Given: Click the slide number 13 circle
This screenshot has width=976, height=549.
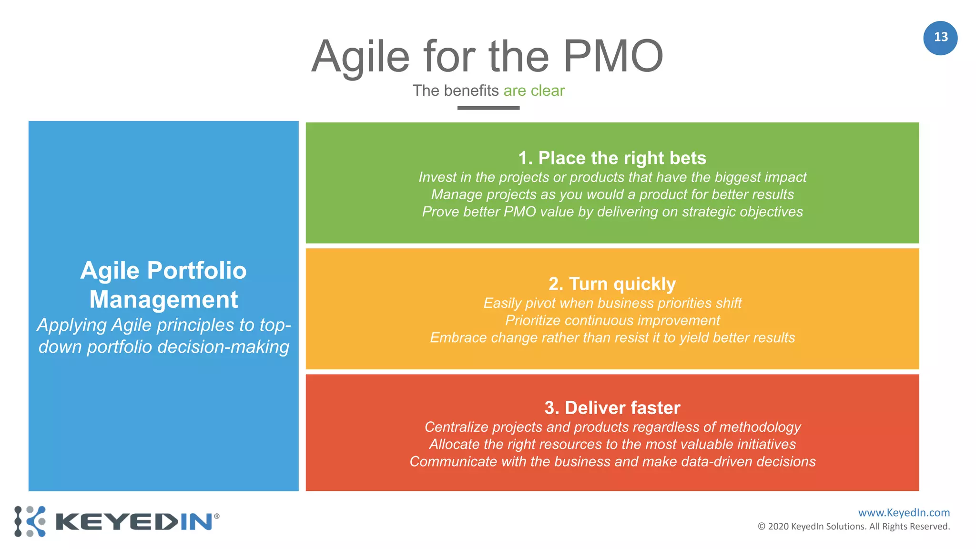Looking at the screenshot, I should (x=940, y=38).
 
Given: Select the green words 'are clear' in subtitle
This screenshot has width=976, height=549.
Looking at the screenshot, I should (x=534, y=91).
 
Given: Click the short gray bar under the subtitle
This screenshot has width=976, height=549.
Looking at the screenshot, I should (x=488, y=108).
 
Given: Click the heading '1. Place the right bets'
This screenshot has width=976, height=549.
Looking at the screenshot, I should (x=612, y=158).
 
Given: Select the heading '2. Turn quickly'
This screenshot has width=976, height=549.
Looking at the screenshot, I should (x=612, y=284).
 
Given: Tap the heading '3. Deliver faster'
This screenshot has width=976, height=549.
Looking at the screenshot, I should (x=612, y=408).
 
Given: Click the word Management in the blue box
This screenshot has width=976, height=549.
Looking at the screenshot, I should (x=163, y=300).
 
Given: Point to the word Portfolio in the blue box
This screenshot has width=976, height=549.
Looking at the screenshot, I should (x=197, y=271).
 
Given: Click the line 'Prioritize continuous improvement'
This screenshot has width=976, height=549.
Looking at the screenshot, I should (x=612, y=320).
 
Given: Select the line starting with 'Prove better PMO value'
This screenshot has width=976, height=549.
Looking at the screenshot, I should (x=612, y=212).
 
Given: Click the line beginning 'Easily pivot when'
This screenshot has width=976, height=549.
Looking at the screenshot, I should (x=612, y=303).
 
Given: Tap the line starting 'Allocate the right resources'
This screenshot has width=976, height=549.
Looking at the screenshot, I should (x=612, y=444).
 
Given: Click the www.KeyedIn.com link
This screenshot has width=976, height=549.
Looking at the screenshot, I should (x=904, y=513).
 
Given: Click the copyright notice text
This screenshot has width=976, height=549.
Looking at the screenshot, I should (x=853, y=527).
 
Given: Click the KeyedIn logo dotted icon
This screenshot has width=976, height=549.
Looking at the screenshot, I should (x=30, y=521).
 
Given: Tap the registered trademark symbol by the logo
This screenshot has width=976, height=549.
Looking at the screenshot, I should (x=217, y=516).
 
